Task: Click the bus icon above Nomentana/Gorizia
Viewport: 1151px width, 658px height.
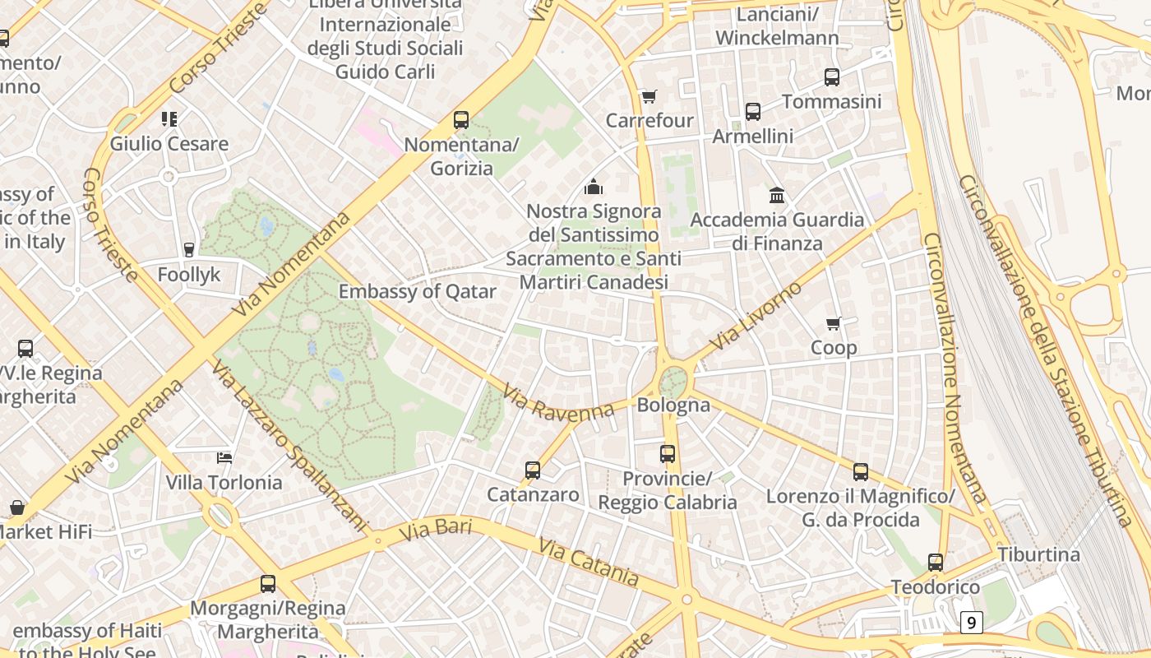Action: point(461,120)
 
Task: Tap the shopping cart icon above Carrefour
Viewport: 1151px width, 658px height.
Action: point(649,97)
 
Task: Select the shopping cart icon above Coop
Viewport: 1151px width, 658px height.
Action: point(834,324)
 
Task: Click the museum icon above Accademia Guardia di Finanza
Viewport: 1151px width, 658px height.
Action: point(777,195)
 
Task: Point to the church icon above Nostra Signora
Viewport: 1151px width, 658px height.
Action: point(593,187)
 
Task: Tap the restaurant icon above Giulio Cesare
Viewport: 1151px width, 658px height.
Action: point(169,119)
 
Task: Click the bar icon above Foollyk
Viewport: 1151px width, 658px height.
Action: point(189,249)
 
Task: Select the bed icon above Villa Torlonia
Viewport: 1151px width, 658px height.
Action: point(224,457)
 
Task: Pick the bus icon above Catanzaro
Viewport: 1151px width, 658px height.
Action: point(533,470)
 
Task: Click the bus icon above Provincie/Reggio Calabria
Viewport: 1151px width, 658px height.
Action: point(668,454)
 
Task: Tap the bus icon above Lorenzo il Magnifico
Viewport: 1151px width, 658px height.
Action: point(861,472)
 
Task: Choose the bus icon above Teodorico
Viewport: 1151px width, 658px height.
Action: point(936,563)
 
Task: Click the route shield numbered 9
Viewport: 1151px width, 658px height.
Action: point(971,623)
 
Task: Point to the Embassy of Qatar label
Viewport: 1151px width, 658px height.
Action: point(418,291)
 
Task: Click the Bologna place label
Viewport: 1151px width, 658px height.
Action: point(673,405)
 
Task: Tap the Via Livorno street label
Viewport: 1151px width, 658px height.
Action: point(756,316)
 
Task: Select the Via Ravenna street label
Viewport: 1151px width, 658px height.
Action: point(558,403)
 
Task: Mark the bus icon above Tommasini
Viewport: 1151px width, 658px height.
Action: point(832,77)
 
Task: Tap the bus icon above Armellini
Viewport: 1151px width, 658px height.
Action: point(753,112)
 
